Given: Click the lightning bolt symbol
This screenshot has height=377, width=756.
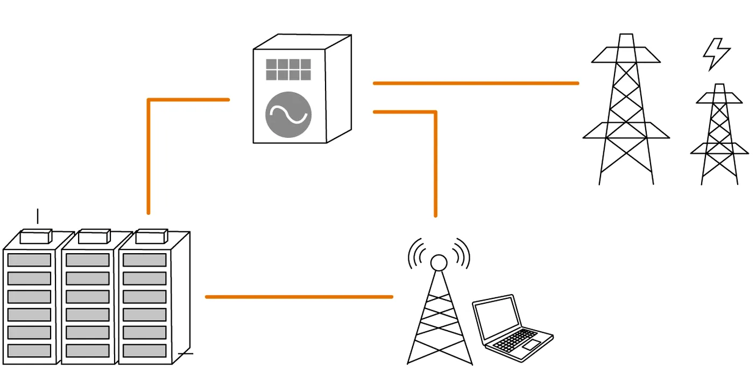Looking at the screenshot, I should [716, 54].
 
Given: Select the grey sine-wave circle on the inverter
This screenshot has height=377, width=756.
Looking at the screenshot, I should [288, 114].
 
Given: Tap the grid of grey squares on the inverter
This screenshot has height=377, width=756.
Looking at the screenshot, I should [288, 69].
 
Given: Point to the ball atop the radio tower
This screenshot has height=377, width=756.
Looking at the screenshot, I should [439, 263].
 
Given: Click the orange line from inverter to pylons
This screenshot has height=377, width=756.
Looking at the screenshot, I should [476, 83].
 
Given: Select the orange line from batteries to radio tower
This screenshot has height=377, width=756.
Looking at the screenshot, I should [299, 297].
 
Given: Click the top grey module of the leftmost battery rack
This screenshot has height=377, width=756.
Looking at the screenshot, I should [29, 260].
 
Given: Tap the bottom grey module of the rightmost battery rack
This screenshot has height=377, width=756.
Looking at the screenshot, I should [145, 351].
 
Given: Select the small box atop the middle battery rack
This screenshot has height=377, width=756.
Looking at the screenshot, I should [94, 236].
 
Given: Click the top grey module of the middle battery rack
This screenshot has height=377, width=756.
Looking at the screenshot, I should [88, 260].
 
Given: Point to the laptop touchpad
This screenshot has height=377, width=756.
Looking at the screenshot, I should [532, 345].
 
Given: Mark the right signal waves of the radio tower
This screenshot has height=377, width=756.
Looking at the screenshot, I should [462, 253].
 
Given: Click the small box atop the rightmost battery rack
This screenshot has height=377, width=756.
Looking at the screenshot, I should [151, 236].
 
